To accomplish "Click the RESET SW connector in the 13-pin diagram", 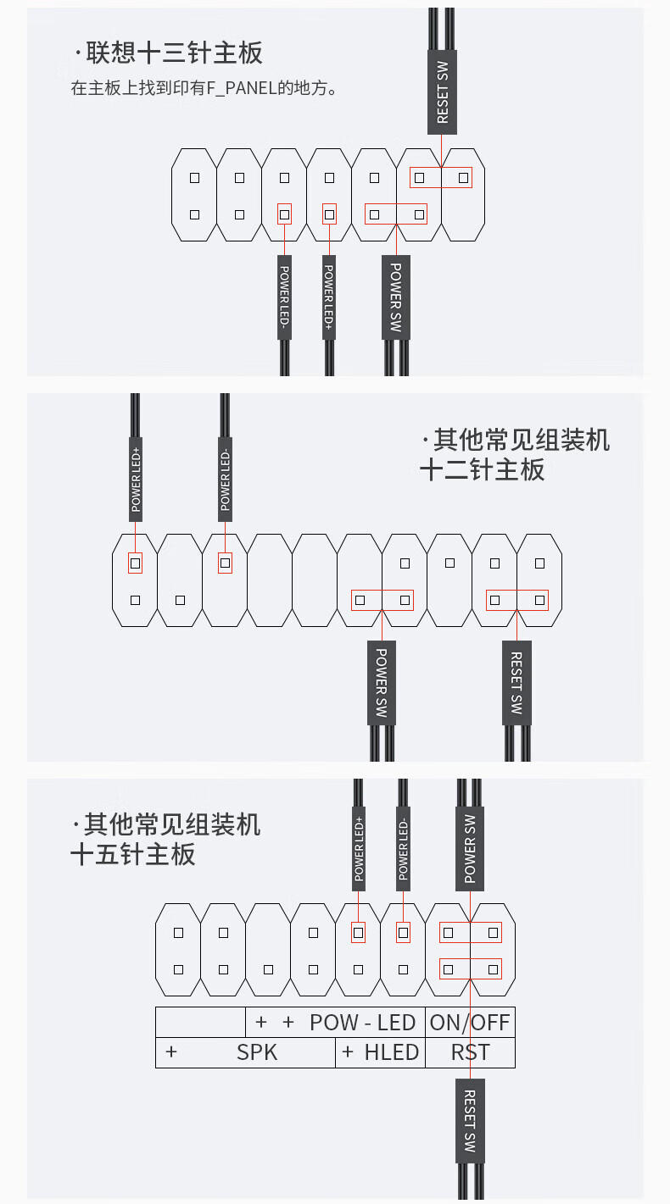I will click(442, 93).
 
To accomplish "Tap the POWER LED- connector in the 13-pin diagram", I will click(285, 297).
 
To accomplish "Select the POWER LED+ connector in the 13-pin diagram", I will click(329, 297).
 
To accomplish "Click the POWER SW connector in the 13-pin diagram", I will click(395, 297).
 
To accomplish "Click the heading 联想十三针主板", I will click(175, 53).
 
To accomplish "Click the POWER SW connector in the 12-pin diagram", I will click(382, 682).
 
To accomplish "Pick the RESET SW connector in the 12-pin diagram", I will click(516, 682).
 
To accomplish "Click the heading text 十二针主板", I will click(482, 469).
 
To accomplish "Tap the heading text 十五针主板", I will click(132, 853).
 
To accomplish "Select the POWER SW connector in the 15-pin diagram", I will click(470, 848).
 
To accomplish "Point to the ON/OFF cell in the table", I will click(470, 1022).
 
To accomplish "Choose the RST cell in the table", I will click(470, 1052).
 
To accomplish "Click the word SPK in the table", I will click(257, 1052).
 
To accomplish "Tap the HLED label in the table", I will click(391, 1052).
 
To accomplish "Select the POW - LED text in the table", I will click(362, 1022).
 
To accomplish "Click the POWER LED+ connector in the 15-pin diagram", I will click(359, 848).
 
